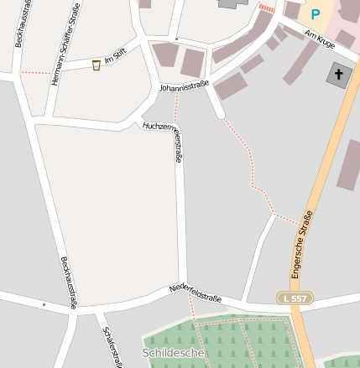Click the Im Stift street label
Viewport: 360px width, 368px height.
pyautogui.click(x=114, y=61)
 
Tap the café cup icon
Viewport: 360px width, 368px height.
pyautogui.click(x=97, y=65)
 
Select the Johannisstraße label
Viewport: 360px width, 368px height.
pyautogui.click(x=183, y=85)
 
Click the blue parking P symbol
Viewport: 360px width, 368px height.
pyautogui.click(x=316, y=13)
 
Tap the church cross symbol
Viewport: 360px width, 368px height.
pyautogui.click(x=339, y=74)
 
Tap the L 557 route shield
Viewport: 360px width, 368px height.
pyautogui.click(x=294, y=298)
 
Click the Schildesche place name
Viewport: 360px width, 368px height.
pyautogui.click(x=174, y=354)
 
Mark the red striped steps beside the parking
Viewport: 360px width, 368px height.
pyautogui.click(x=267, y=8)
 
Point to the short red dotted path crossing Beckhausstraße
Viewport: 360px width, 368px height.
pyautogui.click(x=35, y=73)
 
